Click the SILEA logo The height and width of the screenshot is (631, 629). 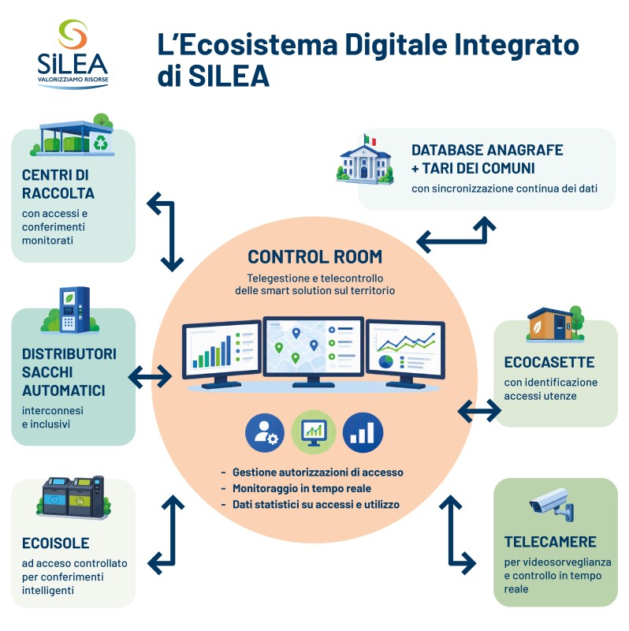[x=73, y=54]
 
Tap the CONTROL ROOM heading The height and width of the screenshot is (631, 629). [x=315, y=257]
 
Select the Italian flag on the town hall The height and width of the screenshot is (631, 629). [x=370, y=140]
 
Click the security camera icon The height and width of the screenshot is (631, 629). [x=552, y=505]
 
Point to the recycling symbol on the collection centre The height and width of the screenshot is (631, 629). [x=101, y=143]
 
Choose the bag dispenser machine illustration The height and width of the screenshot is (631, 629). [x=73, y=310]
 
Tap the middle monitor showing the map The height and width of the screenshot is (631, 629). [x=313, y=351]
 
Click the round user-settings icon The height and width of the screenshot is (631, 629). [x=265, y=433]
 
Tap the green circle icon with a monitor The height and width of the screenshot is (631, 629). [x=314, y=432]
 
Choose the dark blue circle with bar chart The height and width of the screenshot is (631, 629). [x=363, y=432]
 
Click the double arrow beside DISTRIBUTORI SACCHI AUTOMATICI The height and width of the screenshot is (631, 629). [x=150, y=377]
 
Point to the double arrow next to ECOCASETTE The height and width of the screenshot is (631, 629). [x=479, y=411]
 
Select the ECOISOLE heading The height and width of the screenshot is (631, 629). [x=55, y=543]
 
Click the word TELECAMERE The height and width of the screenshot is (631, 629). [x=550, y=542]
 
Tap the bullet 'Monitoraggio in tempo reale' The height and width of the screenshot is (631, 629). [x=302, y=488]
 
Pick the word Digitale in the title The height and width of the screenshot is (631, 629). [x=396, y=45]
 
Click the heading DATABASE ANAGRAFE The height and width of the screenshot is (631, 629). [x=487, y=150]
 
